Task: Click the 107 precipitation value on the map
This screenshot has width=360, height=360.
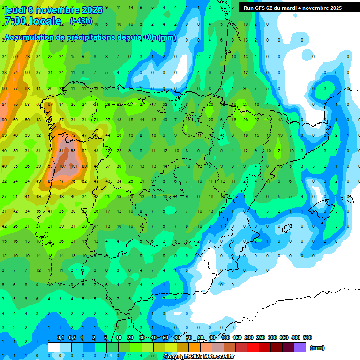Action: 62,166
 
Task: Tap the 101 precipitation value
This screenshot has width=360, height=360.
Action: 74,166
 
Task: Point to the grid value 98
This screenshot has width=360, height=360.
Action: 73,151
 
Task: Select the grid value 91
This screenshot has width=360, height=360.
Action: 62,151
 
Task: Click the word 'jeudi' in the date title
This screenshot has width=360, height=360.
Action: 15,10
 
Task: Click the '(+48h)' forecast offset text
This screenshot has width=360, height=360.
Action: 81,21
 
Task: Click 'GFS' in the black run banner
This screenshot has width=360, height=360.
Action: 259,8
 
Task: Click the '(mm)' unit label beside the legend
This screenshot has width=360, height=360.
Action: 317,348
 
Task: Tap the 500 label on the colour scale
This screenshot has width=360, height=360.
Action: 307,337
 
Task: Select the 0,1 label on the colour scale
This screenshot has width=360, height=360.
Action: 60,337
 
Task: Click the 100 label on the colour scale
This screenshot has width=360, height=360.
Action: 225,337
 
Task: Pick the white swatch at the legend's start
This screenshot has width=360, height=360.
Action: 54,347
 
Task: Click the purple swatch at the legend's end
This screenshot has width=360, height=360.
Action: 300,347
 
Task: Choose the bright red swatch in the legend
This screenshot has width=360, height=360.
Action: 253,347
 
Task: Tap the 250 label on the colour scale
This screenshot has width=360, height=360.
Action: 260,337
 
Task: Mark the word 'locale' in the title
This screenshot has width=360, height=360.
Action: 45,21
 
